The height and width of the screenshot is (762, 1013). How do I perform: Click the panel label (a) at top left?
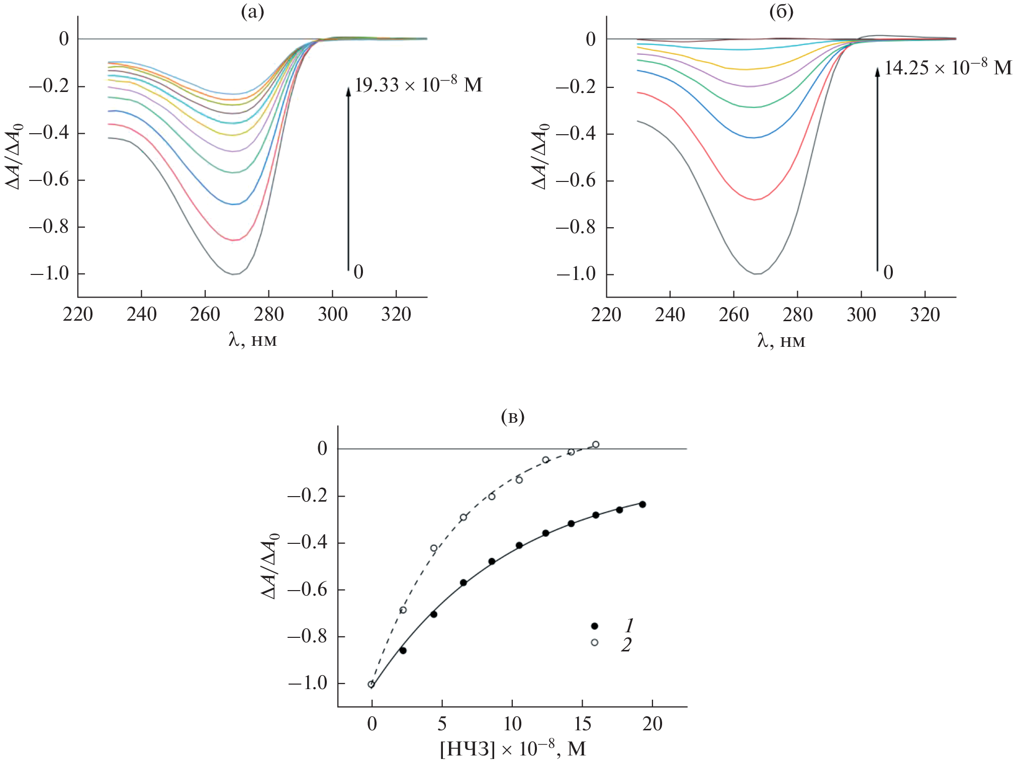coord(252,12)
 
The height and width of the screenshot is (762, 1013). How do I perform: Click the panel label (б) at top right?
coord(781,12)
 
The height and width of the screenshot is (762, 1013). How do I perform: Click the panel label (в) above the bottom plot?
coord(513,417)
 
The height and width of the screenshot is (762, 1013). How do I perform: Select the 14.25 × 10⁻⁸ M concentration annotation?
coord(948,67)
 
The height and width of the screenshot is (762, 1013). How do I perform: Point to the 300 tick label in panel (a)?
coord(332,315)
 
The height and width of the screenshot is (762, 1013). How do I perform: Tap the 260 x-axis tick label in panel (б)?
coord(733,315)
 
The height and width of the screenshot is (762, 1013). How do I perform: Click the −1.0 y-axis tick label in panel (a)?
coord(50,274)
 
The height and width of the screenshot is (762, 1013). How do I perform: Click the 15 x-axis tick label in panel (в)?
coord(582,724)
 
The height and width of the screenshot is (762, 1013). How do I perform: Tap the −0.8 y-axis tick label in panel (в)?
coord(307,636)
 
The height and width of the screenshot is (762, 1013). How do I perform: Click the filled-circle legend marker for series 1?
coord(595,626)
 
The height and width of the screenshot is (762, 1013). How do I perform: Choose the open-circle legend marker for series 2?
coord(595,642)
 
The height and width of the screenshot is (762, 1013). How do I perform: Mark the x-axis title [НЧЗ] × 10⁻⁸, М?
coord(513,749)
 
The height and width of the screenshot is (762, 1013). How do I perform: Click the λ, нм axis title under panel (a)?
coord(252,340)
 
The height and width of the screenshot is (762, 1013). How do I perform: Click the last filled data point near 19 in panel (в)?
coord(642,504)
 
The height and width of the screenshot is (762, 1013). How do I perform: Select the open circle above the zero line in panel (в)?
coord(596,444)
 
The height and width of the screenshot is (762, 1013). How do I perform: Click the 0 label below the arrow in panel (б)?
coord(888,272)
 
